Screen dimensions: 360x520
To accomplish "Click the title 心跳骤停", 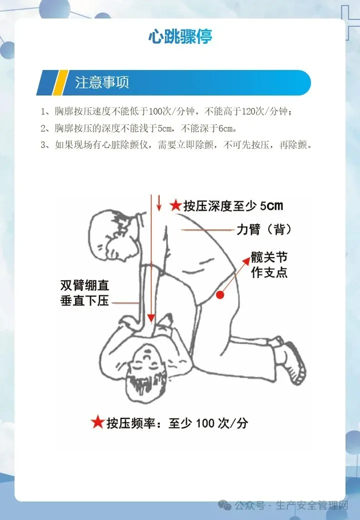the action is (180, 36).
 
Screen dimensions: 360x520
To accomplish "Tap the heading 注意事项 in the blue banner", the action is (102, 82).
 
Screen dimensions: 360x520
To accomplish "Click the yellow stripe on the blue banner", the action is (59, 82).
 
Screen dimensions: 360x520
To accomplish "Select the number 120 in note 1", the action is (247, 111).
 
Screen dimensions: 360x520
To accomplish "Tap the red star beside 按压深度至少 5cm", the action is (175, 205).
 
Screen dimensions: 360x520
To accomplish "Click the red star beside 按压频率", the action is (97, 422).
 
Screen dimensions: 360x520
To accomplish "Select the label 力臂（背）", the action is (264, 229).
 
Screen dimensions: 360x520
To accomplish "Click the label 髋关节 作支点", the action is (269, 264).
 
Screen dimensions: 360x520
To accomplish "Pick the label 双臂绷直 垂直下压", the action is (84, 292).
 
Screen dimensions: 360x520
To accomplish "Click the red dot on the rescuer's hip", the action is (220, 294).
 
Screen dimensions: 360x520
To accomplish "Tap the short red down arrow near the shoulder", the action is (159, 203).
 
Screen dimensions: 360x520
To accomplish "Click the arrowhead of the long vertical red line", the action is (151, 317).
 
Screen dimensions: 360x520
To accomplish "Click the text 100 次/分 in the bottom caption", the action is (222, 423).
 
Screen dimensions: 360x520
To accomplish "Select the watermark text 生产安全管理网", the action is (312, 505).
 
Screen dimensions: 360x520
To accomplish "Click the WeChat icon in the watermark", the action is (225, 505).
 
